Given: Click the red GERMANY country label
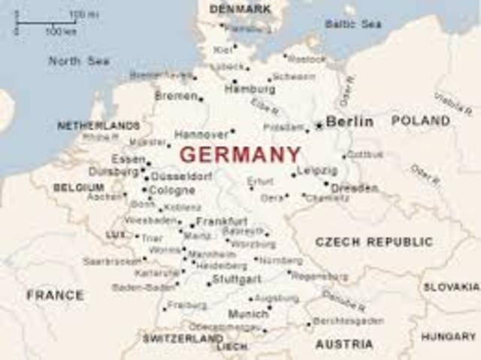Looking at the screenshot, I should click(240, 155).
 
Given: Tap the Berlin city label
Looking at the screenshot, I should click(349, 121).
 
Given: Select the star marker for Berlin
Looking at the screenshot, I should click(319, 126).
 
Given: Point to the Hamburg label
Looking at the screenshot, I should click(250, 89).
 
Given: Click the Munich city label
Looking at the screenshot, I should click(247, 313).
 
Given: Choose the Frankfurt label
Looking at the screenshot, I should click(222, 222).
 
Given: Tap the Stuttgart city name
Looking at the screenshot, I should click(237, 278).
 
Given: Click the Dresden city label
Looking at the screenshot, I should click(354, 188).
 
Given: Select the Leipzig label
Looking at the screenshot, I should click(317, 171).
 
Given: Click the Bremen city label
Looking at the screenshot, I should click(176, 95).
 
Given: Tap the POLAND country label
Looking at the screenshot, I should click(421, 120).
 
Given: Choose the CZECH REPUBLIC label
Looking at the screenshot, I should click(374, 242).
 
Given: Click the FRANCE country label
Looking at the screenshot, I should click(55, 295).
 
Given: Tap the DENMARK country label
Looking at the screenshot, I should click(240, 9).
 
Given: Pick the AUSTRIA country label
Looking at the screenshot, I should click(343, 344).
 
